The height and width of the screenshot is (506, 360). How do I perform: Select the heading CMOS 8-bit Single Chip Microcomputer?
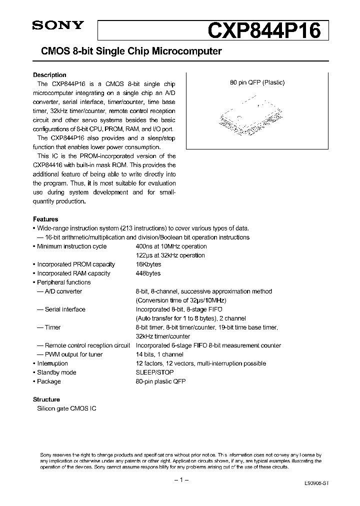[x=127, y=51]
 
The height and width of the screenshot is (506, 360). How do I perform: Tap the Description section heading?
[x=49, y=75]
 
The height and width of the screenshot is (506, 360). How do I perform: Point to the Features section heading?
[x=45, y=219]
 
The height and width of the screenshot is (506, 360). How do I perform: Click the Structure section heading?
[x=46, y=399]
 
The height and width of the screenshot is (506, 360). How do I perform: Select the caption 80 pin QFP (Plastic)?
[x=257, y=83]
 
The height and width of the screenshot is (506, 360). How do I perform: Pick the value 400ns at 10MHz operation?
[x=171, y=246]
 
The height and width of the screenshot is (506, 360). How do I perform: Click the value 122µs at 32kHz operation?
[x=170, y=255]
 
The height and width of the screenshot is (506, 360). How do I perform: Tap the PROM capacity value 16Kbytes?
[x=148, y=264]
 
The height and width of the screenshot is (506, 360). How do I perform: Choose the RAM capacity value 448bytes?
[x=148, y=273]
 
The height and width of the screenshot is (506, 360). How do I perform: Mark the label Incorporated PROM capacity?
[x=76, y=264]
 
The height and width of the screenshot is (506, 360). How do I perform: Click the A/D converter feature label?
[x=63, y=291]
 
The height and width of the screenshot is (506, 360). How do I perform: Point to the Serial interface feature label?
[x=65, y=309]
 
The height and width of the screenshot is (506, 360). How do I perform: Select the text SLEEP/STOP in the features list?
[x=154, y=372]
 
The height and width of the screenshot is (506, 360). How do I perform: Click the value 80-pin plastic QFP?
[x=160, y=381]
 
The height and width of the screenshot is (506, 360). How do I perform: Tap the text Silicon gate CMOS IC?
[x=67, y=408]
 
